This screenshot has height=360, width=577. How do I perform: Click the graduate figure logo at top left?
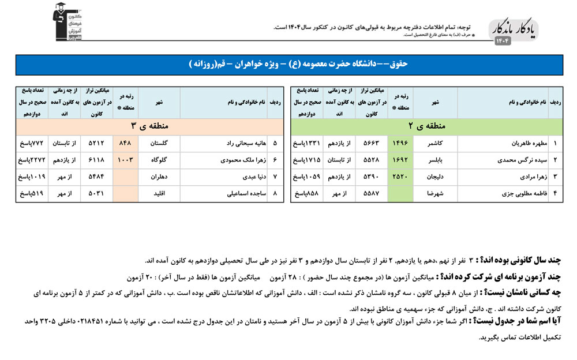(x=68, y=21)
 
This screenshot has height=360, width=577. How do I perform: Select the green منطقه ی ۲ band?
(x=427, y=126)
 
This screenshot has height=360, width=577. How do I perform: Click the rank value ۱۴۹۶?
(x=400, y=143)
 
